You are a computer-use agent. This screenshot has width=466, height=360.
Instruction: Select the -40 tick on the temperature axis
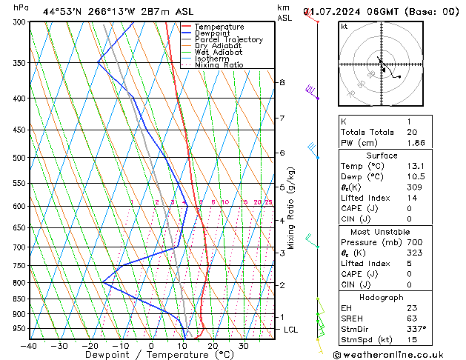point(29,346)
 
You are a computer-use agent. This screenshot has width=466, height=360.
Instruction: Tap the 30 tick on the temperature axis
point(243,346)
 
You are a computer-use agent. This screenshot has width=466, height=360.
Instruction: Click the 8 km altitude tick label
point(282,82)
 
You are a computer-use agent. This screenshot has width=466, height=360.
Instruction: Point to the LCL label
point(290,330)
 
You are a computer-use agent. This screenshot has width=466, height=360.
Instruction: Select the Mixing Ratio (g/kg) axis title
point(291,208)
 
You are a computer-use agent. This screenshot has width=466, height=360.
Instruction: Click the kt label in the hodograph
point(344,26)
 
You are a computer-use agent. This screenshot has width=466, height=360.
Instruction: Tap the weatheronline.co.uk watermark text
point(399,354)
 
